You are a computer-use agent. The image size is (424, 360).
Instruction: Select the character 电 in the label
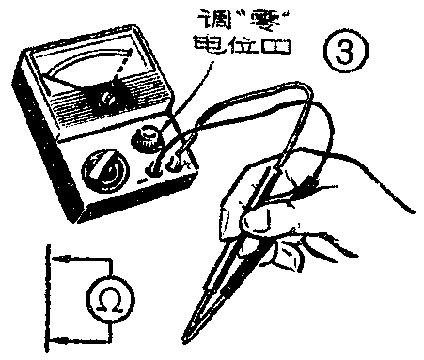(204, 44)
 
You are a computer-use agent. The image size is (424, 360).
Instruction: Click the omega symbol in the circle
(107, 299)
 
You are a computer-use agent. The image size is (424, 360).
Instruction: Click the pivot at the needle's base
(111, 98)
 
